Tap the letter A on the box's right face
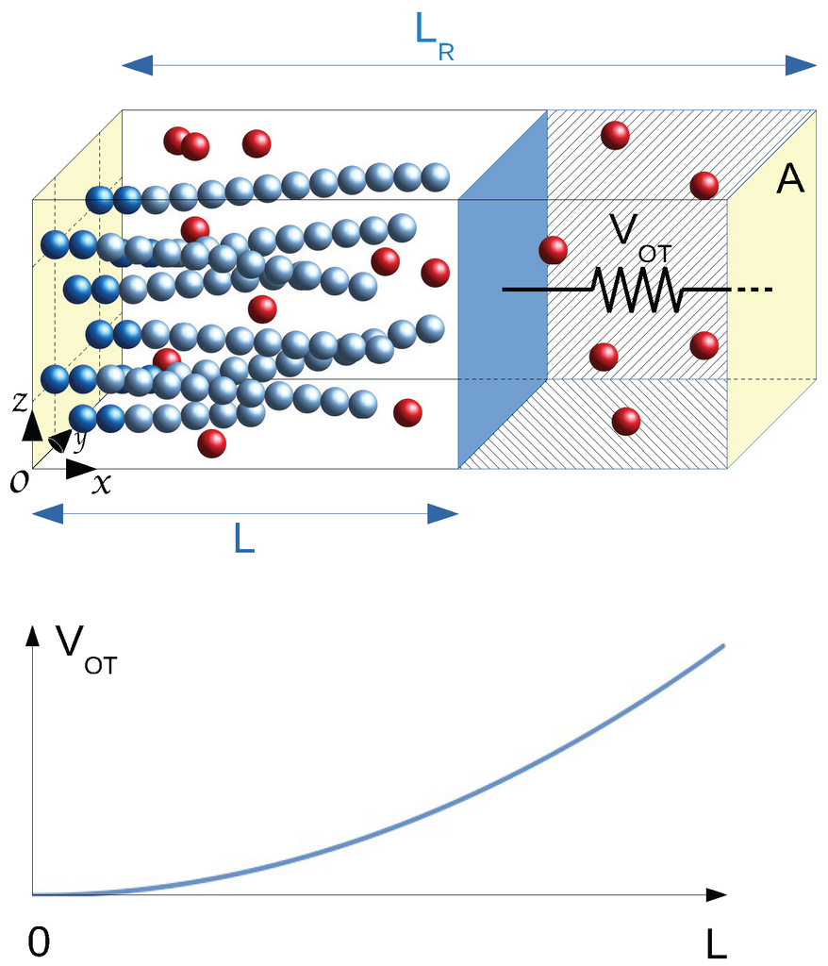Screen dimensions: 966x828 789,179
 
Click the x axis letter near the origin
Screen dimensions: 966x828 101,484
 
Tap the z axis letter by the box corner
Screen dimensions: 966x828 20,403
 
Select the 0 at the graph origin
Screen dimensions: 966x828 39,942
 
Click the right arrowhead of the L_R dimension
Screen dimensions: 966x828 802,65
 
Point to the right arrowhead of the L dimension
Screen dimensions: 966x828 443,514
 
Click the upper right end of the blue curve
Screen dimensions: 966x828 722,645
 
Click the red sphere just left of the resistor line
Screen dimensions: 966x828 553,250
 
